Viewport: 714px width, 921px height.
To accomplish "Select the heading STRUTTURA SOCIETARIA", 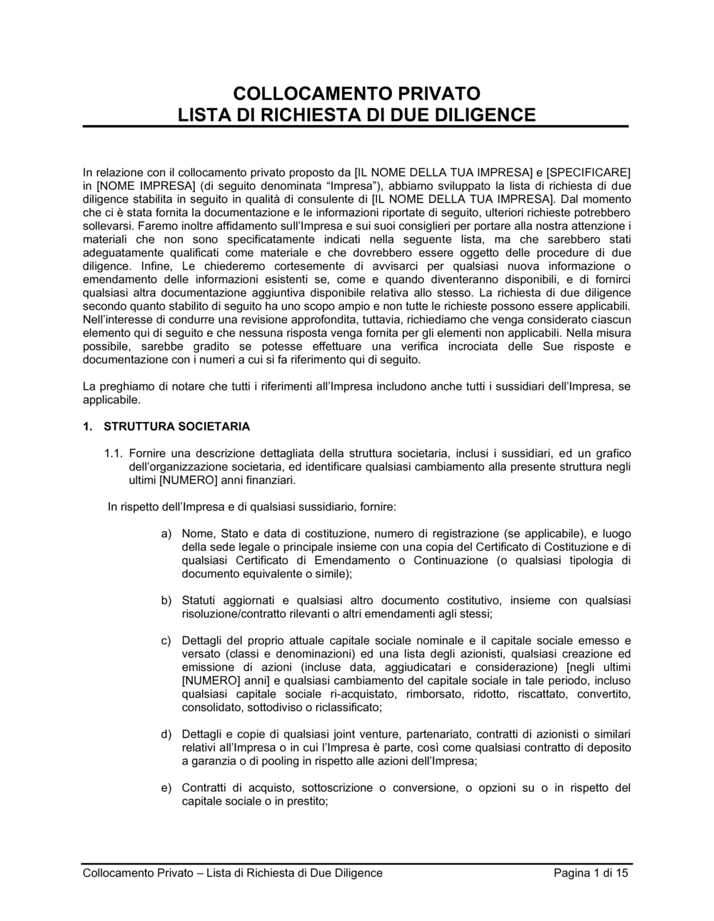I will (176, 427).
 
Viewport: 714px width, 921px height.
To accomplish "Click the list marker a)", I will (166, 533).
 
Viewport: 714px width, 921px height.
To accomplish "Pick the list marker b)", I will (166, 600).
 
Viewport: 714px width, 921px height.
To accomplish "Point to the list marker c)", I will (166, 640).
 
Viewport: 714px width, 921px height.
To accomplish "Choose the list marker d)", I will (166, 734).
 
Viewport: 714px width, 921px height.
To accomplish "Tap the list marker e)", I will (166, 788).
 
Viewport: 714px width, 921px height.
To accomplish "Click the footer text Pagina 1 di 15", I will (591, 873).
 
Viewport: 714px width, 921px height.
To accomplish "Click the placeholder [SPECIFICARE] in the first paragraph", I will (588, 172).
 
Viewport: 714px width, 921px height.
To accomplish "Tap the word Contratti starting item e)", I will (205, 788).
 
